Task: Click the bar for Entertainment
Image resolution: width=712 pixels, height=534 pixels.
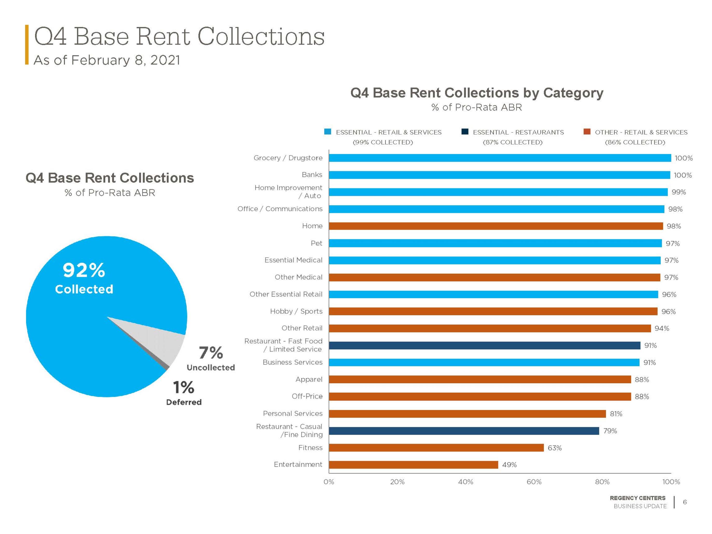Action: point(413,464)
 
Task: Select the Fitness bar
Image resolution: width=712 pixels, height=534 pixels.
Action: point(436,447)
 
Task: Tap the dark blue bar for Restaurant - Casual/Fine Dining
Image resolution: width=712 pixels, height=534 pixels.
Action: point(464,431)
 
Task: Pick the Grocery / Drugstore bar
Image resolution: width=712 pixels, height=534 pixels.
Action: point(500,158)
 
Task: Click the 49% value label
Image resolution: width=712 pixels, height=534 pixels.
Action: point(509,464)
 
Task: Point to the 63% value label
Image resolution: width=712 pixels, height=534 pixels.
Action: point(554,448)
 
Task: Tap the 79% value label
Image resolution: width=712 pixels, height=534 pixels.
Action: point(610,431)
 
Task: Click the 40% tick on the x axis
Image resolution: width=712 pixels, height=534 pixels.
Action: point(465,482)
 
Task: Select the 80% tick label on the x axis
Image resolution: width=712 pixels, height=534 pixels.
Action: point(602,482)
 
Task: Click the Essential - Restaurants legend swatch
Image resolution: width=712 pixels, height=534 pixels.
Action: point(465,131)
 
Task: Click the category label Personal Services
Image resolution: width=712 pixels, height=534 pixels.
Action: point(293,413)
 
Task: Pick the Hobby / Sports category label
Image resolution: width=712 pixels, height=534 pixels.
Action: point(296,311)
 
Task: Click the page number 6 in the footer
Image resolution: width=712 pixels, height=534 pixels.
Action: point(685,502)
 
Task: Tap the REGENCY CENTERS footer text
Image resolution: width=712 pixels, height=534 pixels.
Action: point(637,498)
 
